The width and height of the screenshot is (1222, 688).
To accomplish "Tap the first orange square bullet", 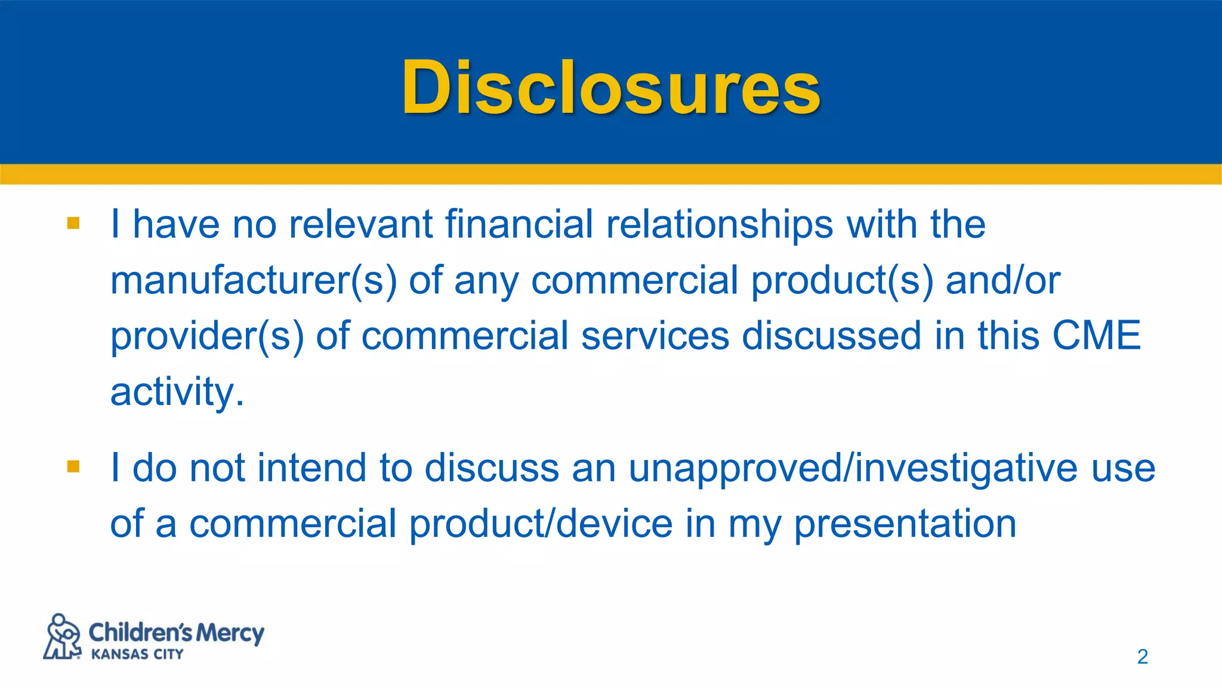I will pyautogui.click(x=73, y=223).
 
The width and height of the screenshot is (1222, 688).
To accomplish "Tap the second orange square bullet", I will pyautogui.click(x=73, y=466).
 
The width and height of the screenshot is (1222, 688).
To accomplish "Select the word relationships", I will pyautogui.click(x=719, y=225).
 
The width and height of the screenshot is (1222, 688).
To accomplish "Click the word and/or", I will pyautogui.click(x=1002, y=281).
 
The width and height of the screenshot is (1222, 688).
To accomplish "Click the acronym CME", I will pyautogui.click(x=1096, y=335).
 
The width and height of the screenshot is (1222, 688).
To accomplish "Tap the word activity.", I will pyautogui.click(x=177, y=392).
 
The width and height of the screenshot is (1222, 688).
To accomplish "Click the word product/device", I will pyautogui.click(x=541, y=524).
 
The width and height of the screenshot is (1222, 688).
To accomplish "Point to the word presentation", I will pyautogui.click(x=905, y=524).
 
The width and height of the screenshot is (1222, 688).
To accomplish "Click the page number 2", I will pyautogui.click(x=1142, y=657).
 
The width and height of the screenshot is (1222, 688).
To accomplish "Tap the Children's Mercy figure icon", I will pyautogui.click(x=63, y=637).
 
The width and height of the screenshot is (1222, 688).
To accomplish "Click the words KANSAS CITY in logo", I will pyautogui.click(x=137, y=655).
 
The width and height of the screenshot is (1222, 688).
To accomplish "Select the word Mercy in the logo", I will pyautogui.click(x=230, y=632).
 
